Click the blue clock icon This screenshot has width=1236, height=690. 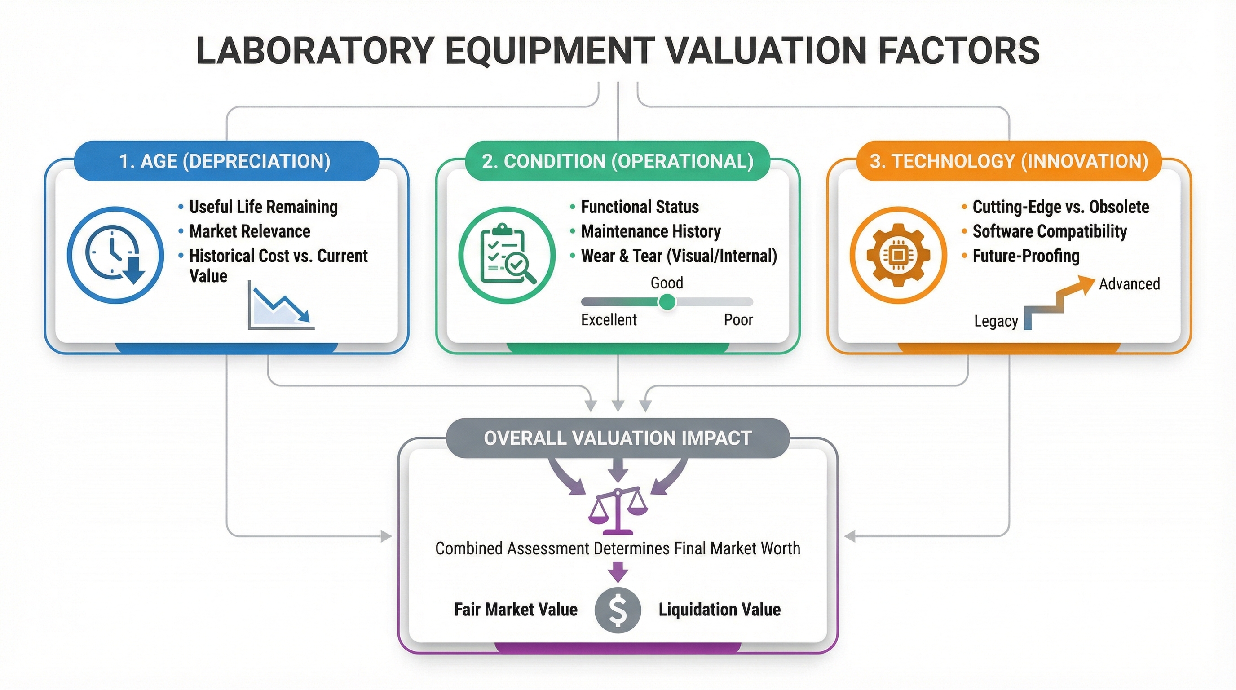(115, 255)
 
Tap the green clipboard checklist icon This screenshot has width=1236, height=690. (507, 255)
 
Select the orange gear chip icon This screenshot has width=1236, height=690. (898, 255)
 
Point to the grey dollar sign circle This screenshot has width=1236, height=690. (618, 610)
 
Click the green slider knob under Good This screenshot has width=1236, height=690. (667, 302)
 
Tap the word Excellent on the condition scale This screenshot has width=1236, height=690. (609, 320)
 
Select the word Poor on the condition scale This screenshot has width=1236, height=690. (738, 320)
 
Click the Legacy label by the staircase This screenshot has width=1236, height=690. (996, 321)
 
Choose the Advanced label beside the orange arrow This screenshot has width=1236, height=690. (1129, 284)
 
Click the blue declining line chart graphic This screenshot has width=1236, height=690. (281, 307)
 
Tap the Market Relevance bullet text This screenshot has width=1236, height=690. (250, 231)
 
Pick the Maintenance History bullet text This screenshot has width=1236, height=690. (651, 231)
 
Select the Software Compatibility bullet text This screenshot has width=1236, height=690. (1049, 231)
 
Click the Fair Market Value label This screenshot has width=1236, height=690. (516, 610)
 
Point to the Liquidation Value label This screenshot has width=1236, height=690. (719, 610)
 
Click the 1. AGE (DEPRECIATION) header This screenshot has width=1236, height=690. (225, 161)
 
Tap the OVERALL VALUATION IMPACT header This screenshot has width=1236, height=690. (618, 438)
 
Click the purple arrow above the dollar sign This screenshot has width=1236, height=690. (618, 572)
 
